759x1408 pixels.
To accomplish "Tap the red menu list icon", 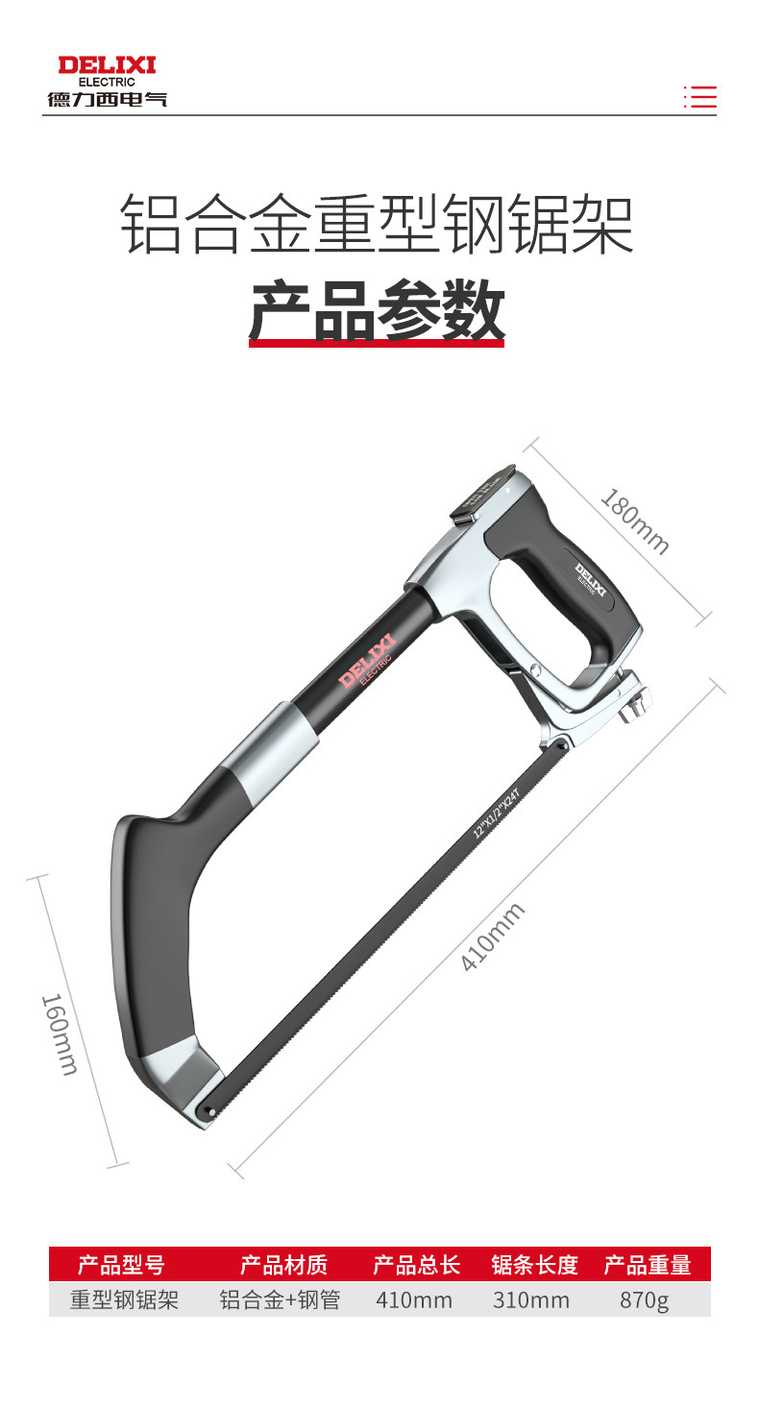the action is (x=699, y=97).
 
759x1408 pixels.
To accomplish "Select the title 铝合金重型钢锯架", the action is (x=377, y=225).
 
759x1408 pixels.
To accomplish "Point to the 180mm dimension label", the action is (x=635, y=522).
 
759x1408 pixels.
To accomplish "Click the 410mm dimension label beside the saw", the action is (x=492, y=937).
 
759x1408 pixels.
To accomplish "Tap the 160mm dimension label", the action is (x=61, y=1034).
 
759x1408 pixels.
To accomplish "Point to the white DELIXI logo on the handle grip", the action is (x=590, y=579).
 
